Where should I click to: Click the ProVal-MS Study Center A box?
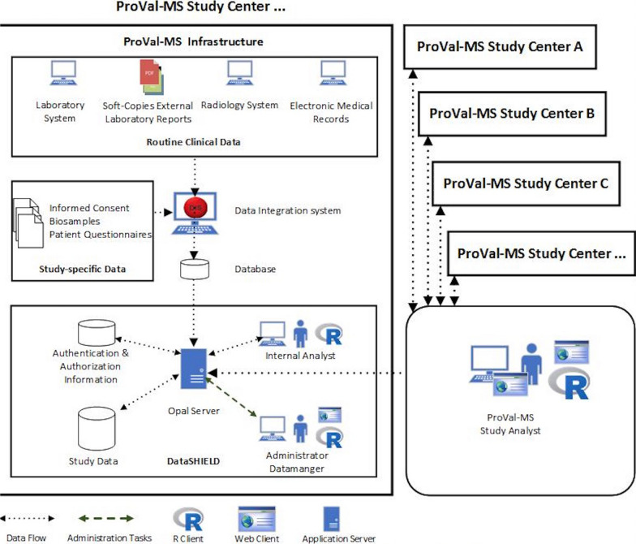(488, 47)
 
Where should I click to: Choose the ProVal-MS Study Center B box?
(511, 113)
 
